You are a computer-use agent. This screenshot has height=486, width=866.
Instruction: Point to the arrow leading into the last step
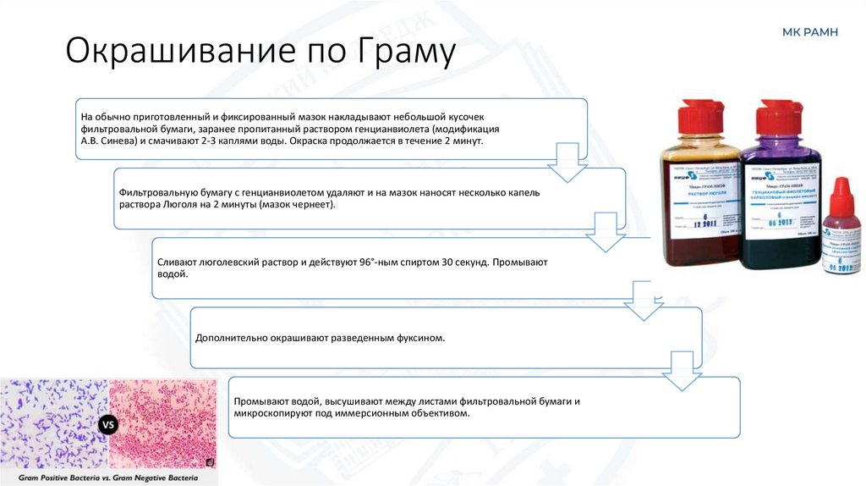682,373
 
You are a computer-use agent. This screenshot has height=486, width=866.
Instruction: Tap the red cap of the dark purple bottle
780,118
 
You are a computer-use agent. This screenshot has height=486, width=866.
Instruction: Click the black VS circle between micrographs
108,424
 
